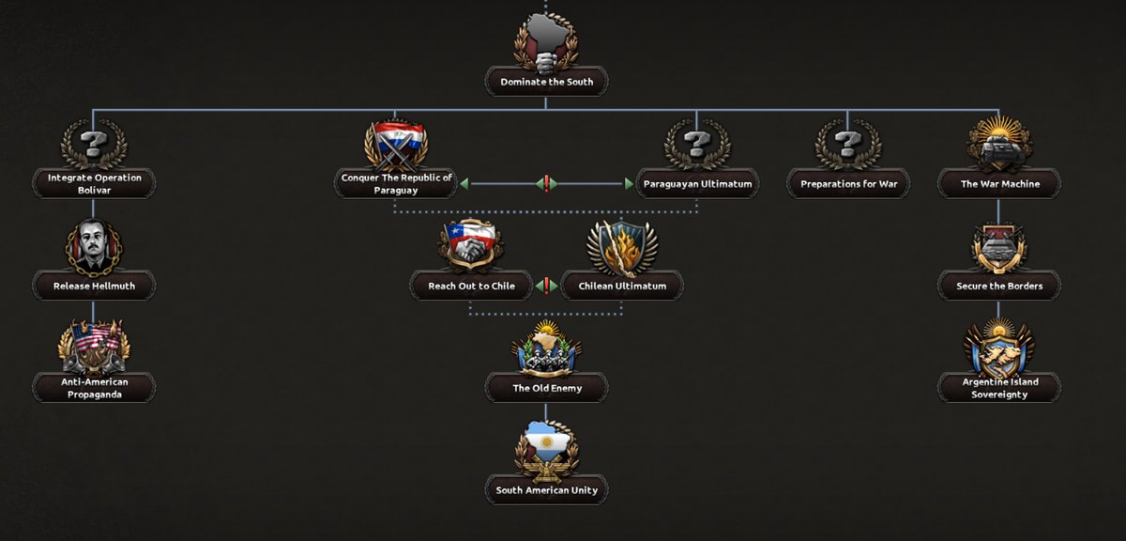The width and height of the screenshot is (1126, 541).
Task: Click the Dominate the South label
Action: click(546, 82)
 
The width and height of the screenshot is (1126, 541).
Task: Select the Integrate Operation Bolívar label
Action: click(94, 184)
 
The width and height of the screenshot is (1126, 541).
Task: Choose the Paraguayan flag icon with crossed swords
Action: click(396, 144)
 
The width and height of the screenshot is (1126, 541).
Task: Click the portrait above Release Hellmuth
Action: click(94, 247)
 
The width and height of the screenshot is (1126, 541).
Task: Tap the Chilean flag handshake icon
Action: click(470, 245)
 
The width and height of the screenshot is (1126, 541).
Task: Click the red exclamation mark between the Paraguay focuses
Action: click(546, 184)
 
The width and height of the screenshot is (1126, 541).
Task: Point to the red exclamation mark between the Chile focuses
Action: click(546, 286)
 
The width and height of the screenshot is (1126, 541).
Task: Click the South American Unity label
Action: click(546, 490)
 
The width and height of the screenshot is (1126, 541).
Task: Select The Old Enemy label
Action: click(547, 388)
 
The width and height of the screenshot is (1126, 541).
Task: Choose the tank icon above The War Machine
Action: click(999, 144)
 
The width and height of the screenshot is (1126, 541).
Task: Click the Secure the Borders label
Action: click(999, 286)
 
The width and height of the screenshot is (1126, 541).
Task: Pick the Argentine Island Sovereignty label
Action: click(999, 388)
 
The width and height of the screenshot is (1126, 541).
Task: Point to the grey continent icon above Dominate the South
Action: click(546, 43)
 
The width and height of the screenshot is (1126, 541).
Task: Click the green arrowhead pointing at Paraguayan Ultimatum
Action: click(629, 184)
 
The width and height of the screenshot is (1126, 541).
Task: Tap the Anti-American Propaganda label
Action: click(94, 388)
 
